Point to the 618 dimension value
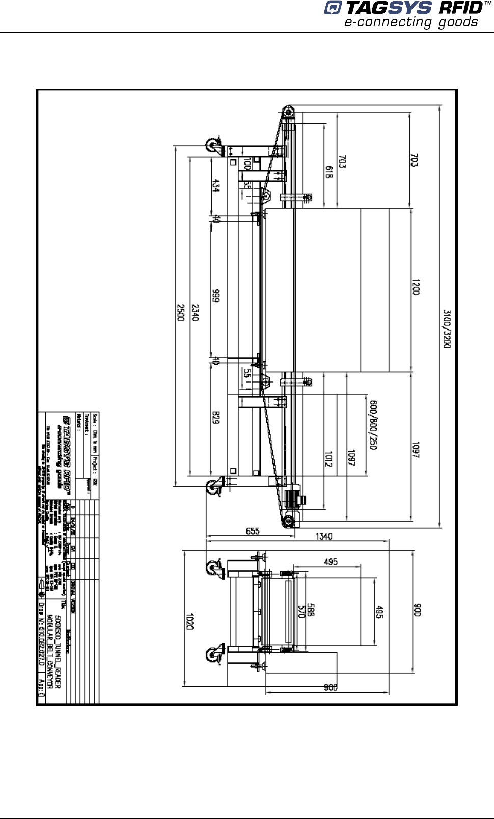(329, 172)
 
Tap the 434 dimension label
(216, 185)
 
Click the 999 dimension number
(216, 296)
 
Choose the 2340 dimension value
(195, 312)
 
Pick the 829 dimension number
(216, 418)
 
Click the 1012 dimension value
(328, 458)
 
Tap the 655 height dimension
(253, 531)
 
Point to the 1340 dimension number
(324, 536)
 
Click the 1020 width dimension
(189, 621)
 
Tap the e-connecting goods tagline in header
(411, 22)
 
